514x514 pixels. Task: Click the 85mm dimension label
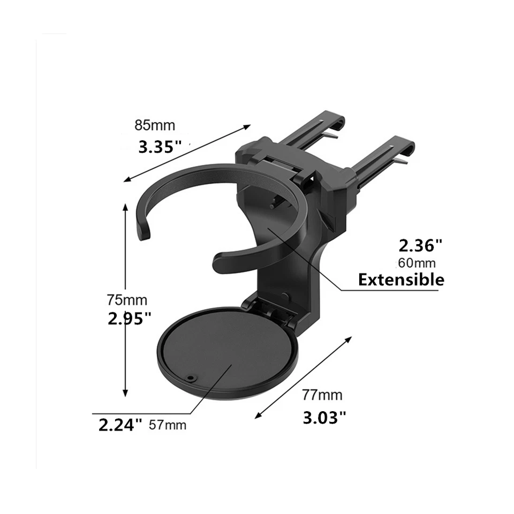point(155,126)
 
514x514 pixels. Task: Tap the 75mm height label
point(127,300)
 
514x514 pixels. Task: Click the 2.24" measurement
point(120,425)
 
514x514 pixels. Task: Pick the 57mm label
point(168,426)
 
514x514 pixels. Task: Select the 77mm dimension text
point(322,396)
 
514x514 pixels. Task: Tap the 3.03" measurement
point(324,417)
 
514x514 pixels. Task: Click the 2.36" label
point(421,245)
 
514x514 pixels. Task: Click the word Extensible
point(401,279)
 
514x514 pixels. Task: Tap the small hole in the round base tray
point(190,377)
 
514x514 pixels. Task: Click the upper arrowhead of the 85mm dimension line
point(247,126)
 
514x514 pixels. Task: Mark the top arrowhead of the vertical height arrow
point(125,206)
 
